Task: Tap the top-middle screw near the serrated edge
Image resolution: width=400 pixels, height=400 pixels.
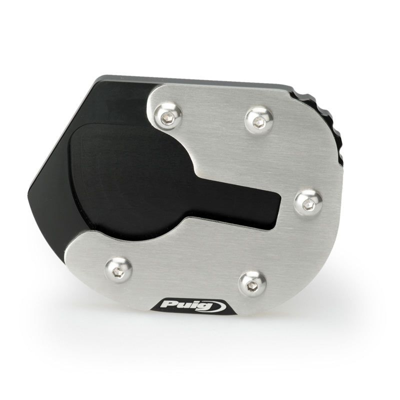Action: (259, 121)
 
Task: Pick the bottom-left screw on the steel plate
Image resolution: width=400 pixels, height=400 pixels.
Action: (118, 270)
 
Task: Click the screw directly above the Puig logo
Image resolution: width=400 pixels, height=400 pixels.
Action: (252, 284)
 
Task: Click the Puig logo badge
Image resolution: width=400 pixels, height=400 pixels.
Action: (193, 306)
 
